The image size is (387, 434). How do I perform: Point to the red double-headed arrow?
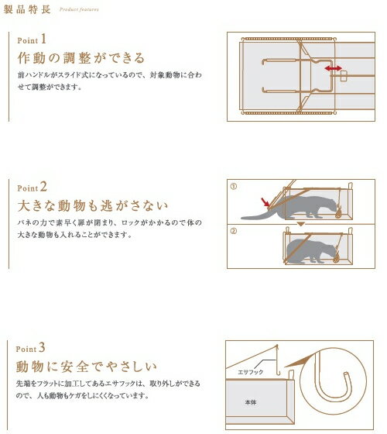click(334, 69)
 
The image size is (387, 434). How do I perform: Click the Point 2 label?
click(33, 186)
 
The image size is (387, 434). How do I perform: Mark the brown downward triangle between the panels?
click(303, 224)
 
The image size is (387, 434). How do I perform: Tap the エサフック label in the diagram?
click(252, 373)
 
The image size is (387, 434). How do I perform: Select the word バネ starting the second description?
click(22, 224)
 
